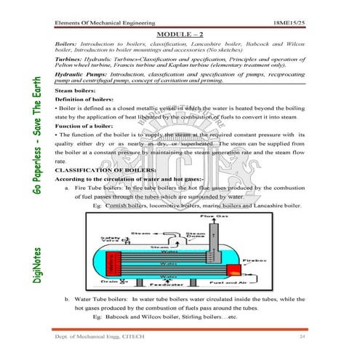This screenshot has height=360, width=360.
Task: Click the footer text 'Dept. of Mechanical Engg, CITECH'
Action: (x=100, y=338)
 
